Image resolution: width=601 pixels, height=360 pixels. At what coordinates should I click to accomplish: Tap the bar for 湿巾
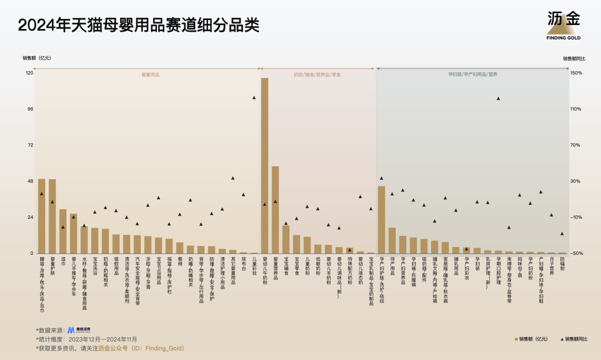tap(63, 231)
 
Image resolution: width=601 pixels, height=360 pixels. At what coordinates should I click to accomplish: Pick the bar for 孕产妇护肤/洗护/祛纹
tap(381, 220)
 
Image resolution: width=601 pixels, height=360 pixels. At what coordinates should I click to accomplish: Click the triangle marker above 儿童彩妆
tap(254, 97)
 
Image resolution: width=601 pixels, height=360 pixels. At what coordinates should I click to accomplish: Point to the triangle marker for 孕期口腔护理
tap(498, 98)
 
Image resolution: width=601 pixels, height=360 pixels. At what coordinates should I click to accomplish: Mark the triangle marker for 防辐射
tap(562, 234)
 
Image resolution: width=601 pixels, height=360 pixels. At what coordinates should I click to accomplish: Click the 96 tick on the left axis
tap(29, 109)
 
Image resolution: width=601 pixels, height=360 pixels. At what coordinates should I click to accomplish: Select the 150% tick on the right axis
tap(576, 73)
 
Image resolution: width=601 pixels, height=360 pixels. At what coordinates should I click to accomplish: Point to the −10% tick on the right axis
tap(576, 218)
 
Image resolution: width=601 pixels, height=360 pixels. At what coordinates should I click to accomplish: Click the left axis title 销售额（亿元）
tap(37, 58)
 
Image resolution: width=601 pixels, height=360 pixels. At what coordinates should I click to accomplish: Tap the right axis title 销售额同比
tap(574, 58)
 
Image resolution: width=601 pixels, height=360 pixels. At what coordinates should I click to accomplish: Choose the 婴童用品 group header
tap(150, 74)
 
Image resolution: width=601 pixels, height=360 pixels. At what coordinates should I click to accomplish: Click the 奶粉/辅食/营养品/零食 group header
tap(317, 74)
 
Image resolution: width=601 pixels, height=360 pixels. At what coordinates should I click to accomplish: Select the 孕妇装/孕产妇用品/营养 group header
tap(473, 74)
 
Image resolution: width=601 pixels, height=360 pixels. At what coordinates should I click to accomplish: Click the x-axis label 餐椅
tap(180, 262)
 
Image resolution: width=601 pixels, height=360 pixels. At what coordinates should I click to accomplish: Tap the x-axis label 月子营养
tap(551, 266)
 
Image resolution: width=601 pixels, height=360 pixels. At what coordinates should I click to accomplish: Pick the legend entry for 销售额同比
tap(573, 339)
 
